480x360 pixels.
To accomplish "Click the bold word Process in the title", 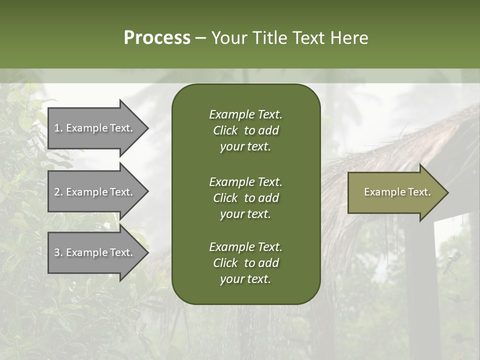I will click(x=157, y=38).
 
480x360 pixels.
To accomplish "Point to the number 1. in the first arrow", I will click(x=58, y=128).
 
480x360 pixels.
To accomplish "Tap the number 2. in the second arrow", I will click(x=58, y=192).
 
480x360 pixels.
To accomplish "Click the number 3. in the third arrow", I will click(x=58, y=252).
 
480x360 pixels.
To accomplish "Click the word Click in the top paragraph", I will click(x=225, y=130).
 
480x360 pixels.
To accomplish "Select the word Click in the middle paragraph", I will click(x=225, y=198).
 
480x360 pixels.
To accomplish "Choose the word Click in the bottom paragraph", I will click(x=225, y=263).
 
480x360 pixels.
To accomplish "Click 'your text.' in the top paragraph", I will click(x=245, y=147).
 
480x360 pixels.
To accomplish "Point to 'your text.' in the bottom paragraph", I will click(x=245, y=279).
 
